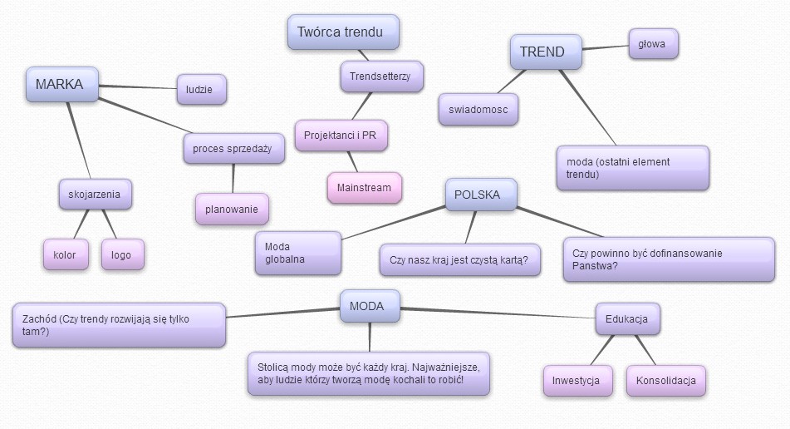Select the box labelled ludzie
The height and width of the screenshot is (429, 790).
[201, 90]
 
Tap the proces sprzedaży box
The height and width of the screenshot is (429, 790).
[233, 149]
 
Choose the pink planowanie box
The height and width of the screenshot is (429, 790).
[232, 209]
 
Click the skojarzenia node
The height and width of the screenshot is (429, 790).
[95, 195]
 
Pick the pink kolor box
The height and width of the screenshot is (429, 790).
[65, 254]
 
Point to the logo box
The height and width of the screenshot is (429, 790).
[122, 254]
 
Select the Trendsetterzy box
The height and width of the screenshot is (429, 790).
[381, 76]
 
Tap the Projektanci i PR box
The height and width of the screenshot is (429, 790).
[341, 135]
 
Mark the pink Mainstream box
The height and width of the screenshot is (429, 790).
[364, 188]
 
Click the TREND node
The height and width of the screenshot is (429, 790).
[542, 52]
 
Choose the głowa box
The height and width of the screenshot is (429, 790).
[653, 44]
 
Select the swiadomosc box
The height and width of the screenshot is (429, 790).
[478, 110]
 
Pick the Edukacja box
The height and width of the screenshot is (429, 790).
[627, 319]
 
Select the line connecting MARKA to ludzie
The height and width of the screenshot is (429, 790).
[137, 86]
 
